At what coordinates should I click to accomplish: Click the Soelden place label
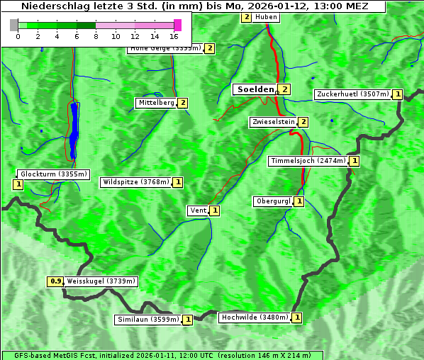[255, 89]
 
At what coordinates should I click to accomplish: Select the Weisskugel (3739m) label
[101, 281]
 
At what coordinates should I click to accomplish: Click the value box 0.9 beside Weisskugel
[55, 281]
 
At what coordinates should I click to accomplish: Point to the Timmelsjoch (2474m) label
[308, 161]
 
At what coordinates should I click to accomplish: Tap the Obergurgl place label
[273, 201]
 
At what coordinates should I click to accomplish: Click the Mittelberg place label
[156, 103]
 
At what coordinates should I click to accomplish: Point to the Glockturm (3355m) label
[53, 174]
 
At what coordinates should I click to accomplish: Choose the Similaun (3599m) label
[148, 320]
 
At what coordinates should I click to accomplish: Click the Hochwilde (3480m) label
[254, 317]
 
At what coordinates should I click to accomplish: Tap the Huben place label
[266, 17]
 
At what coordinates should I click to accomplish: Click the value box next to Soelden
[284, 89]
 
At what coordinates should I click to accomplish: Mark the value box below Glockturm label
[18, 184]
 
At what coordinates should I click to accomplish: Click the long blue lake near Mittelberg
[74, 128]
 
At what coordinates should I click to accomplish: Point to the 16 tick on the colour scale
[174, 35]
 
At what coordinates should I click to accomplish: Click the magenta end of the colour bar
[177, 25]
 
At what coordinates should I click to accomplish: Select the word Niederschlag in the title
[51, 6]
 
